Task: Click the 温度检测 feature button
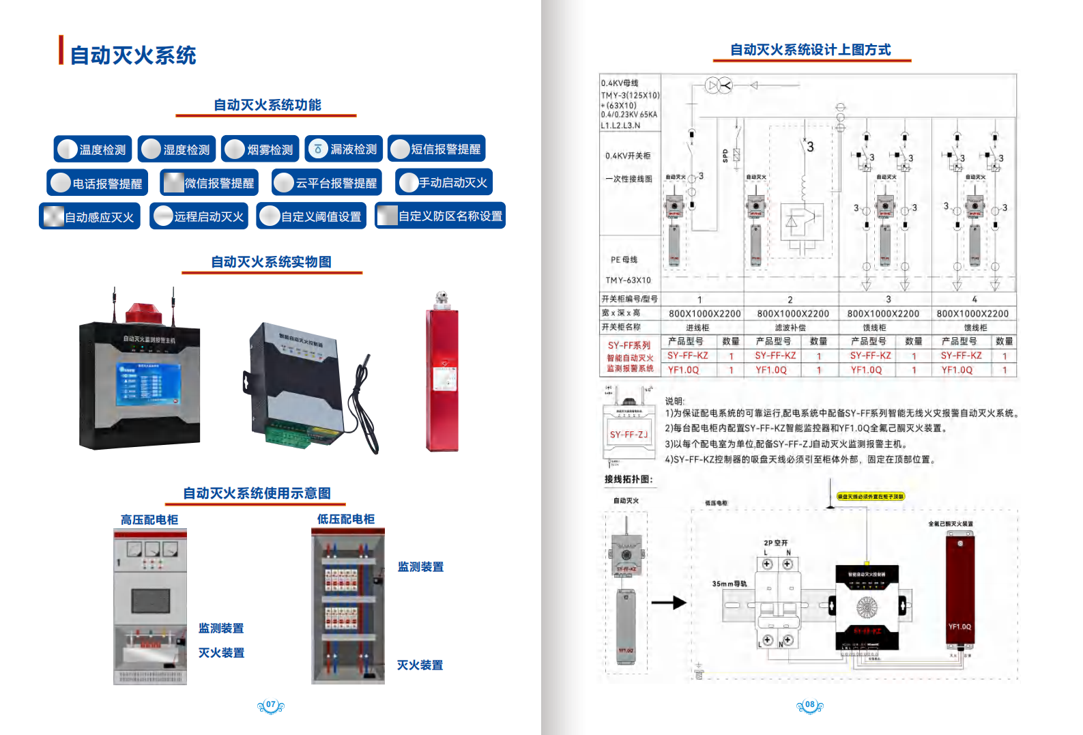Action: (x=93, y=149)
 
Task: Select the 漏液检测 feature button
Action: (x=344, y=149)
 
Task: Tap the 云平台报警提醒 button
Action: (x=327, y=183)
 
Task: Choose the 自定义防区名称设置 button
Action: (x=440, y=216)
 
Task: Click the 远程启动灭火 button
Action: (x=199, y=216)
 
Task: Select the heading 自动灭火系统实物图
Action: (x=271, y=262)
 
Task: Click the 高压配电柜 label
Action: (x=149, y=520)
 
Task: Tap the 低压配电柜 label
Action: (x=345, y=519)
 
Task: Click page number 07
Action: (x=271, y=705)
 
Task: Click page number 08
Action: (x=810, y=705)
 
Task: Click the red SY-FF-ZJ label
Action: (x=628, y=435)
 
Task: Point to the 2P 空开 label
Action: (x=776, y=543)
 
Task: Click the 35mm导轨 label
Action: (x=729, y=583)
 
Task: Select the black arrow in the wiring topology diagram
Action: (x=668, y=603)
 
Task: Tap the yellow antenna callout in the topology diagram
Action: (x=870, y=496)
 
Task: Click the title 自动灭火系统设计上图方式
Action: (x=810, y=50)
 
